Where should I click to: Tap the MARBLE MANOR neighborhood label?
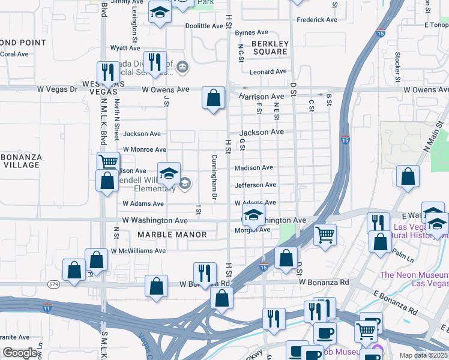pyautogui.click(x=172, y=235)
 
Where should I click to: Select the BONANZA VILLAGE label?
pyautogui.click(x=21, y=161)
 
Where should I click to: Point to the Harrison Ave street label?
pyautogui.click(x=262, y=96)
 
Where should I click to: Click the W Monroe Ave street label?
pyautogui.click(x=144, y=149)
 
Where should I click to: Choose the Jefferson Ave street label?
pyautogui.click(x=255, y=185)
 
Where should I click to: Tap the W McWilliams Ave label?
pyautogui.click(x=137, y=251)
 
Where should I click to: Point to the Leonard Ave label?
pyautogui.click(x=268, y=71)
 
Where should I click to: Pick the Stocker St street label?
pyautogui.click(x=397, y=66)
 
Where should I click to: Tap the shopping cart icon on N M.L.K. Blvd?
pyautogui.click(x=108, y=161)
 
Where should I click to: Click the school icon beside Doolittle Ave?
pyautogui.click(x=160, y=12)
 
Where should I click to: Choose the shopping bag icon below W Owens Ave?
pyautogui.click(x=213, y=97)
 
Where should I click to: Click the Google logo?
pyautogui.click(x=20, y=353)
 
